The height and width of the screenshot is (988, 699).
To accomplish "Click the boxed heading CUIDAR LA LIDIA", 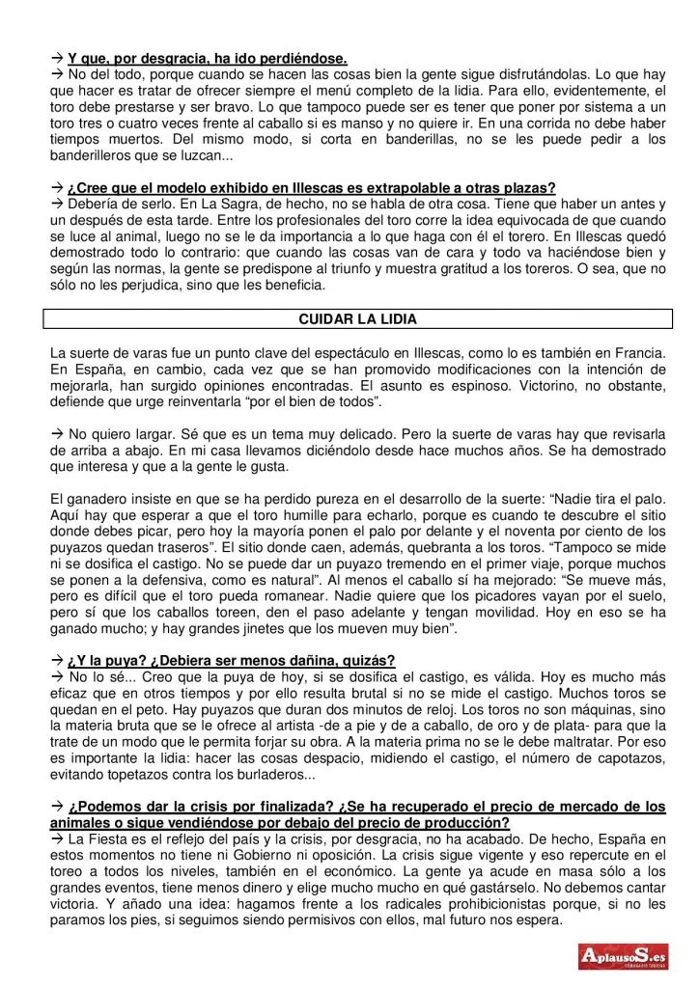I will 357,319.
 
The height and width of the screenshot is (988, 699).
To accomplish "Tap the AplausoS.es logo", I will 624,956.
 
